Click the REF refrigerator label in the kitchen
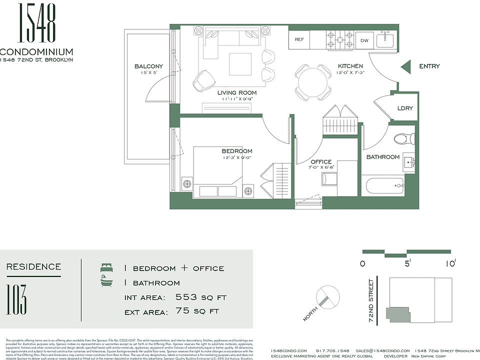pos(299,39)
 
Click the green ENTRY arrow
pos(406,66)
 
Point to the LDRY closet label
pos(404,108)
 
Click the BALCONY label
pos(148,66)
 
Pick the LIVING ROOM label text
pos(237,92)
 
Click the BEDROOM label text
pos(237,151)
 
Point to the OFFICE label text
pos(320,161)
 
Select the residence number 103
pos(17,299)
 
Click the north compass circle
pos(328,295)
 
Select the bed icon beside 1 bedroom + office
pos(106,268)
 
